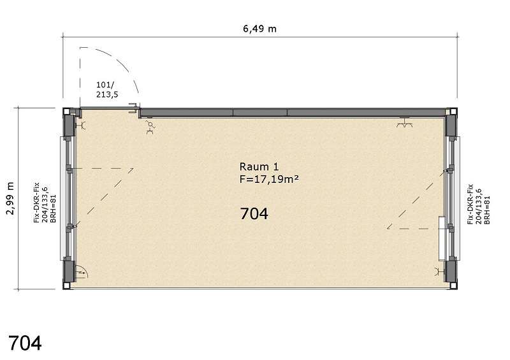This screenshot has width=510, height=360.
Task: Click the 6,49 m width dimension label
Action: pyautogui.click(x=259, y=29)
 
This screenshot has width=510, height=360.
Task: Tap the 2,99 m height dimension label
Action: pyautogui.click(x=11, y=198)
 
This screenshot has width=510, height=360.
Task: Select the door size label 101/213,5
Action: pyautogui.click(x=107, y=90)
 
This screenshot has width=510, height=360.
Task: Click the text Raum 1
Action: pyautogui.click(x=259, y=167)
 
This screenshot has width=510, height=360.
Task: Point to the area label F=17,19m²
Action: pyautogui.click(x=269, y=179)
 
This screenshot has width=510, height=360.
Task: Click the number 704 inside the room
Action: pyautogui.click(x=254, y=213)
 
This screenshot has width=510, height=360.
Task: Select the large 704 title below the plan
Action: pyautogui.click(x=25, y=343)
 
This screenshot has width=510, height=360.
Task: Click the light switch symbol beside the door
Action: pyautogui.click(x=150, y=124)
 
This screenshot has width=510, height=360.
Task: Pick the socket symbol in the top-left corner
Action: pyautogui.click(x=81, y=125)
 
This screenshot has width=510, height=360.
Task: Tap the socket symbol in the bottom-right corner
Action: pyautogui.click(x=440, y=271)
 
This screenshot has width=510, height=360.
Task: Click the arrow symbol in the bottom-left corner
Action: pyautogui.click(x=81, y=273)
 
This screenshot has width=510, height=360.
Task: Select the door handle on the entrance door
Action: pyautogui.click(x=134, y=108)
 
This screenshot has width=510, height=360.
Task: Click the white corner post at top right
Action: pyautogui.click(x=453, y=112)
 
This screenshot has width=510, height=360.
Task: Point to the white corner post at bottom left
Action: pyautogui.click(x=67, y=285)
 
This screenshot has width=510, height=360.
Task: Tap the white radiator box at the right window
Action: pyautogui.click(x=442, y=238)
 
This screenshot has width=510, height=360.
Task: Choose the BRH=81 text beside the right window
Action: pyautogui.click(x=487, y=210)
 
